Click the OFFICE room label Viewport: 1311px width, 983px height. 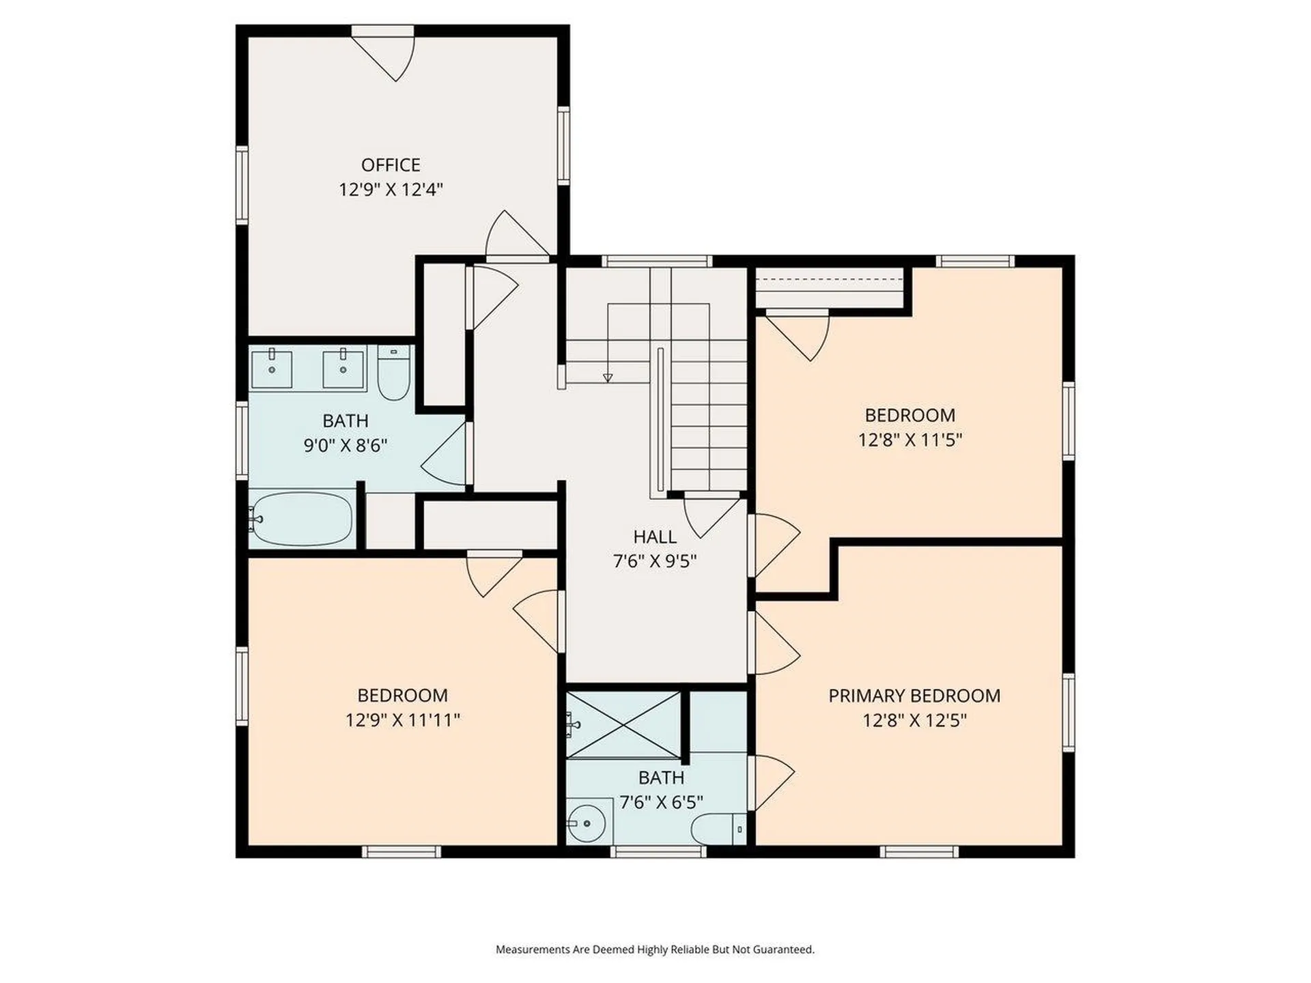click(391, 165)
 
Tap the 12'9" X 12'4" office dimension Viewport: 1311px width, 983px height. click(391, 189)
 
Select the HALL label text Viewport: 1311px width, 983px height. click(655, 537)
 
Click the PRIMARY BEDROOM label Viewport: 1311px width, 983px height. click(914, 696)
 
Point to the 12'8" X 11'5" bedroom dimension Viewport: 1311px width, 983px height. click(910, 440)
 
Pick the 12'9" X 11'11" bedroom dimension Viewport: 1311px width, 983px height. click(403, 720)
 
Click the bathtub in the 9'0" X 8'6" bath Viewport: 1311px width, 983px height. click(301, 518)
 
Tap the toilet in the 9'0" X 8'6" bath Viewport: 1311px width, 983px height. click(394, 373)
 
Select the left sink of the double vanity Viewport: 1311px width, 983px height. click(272, 369)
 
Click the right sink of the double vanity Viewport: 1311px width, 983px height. click(343, 369)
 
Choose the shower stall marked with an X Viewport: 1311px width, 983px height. click(623, 725)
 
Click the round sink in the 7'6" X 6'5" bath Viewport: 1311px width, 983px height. click(586, 824)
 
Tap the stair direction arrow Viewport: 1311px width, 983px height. click(608, 377)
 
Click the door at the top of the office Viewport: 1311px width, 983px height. click(383, 53)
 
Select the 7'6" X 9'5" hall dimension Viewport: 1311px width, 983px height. click(655, 561)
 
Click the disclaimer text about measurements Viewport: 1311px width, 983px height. click(655, 950)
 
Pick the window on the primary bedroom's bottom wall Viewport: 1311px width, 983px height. click(919, 852)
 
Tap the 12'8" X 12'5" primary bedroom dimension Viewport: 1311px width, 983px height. click(914, 720)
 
